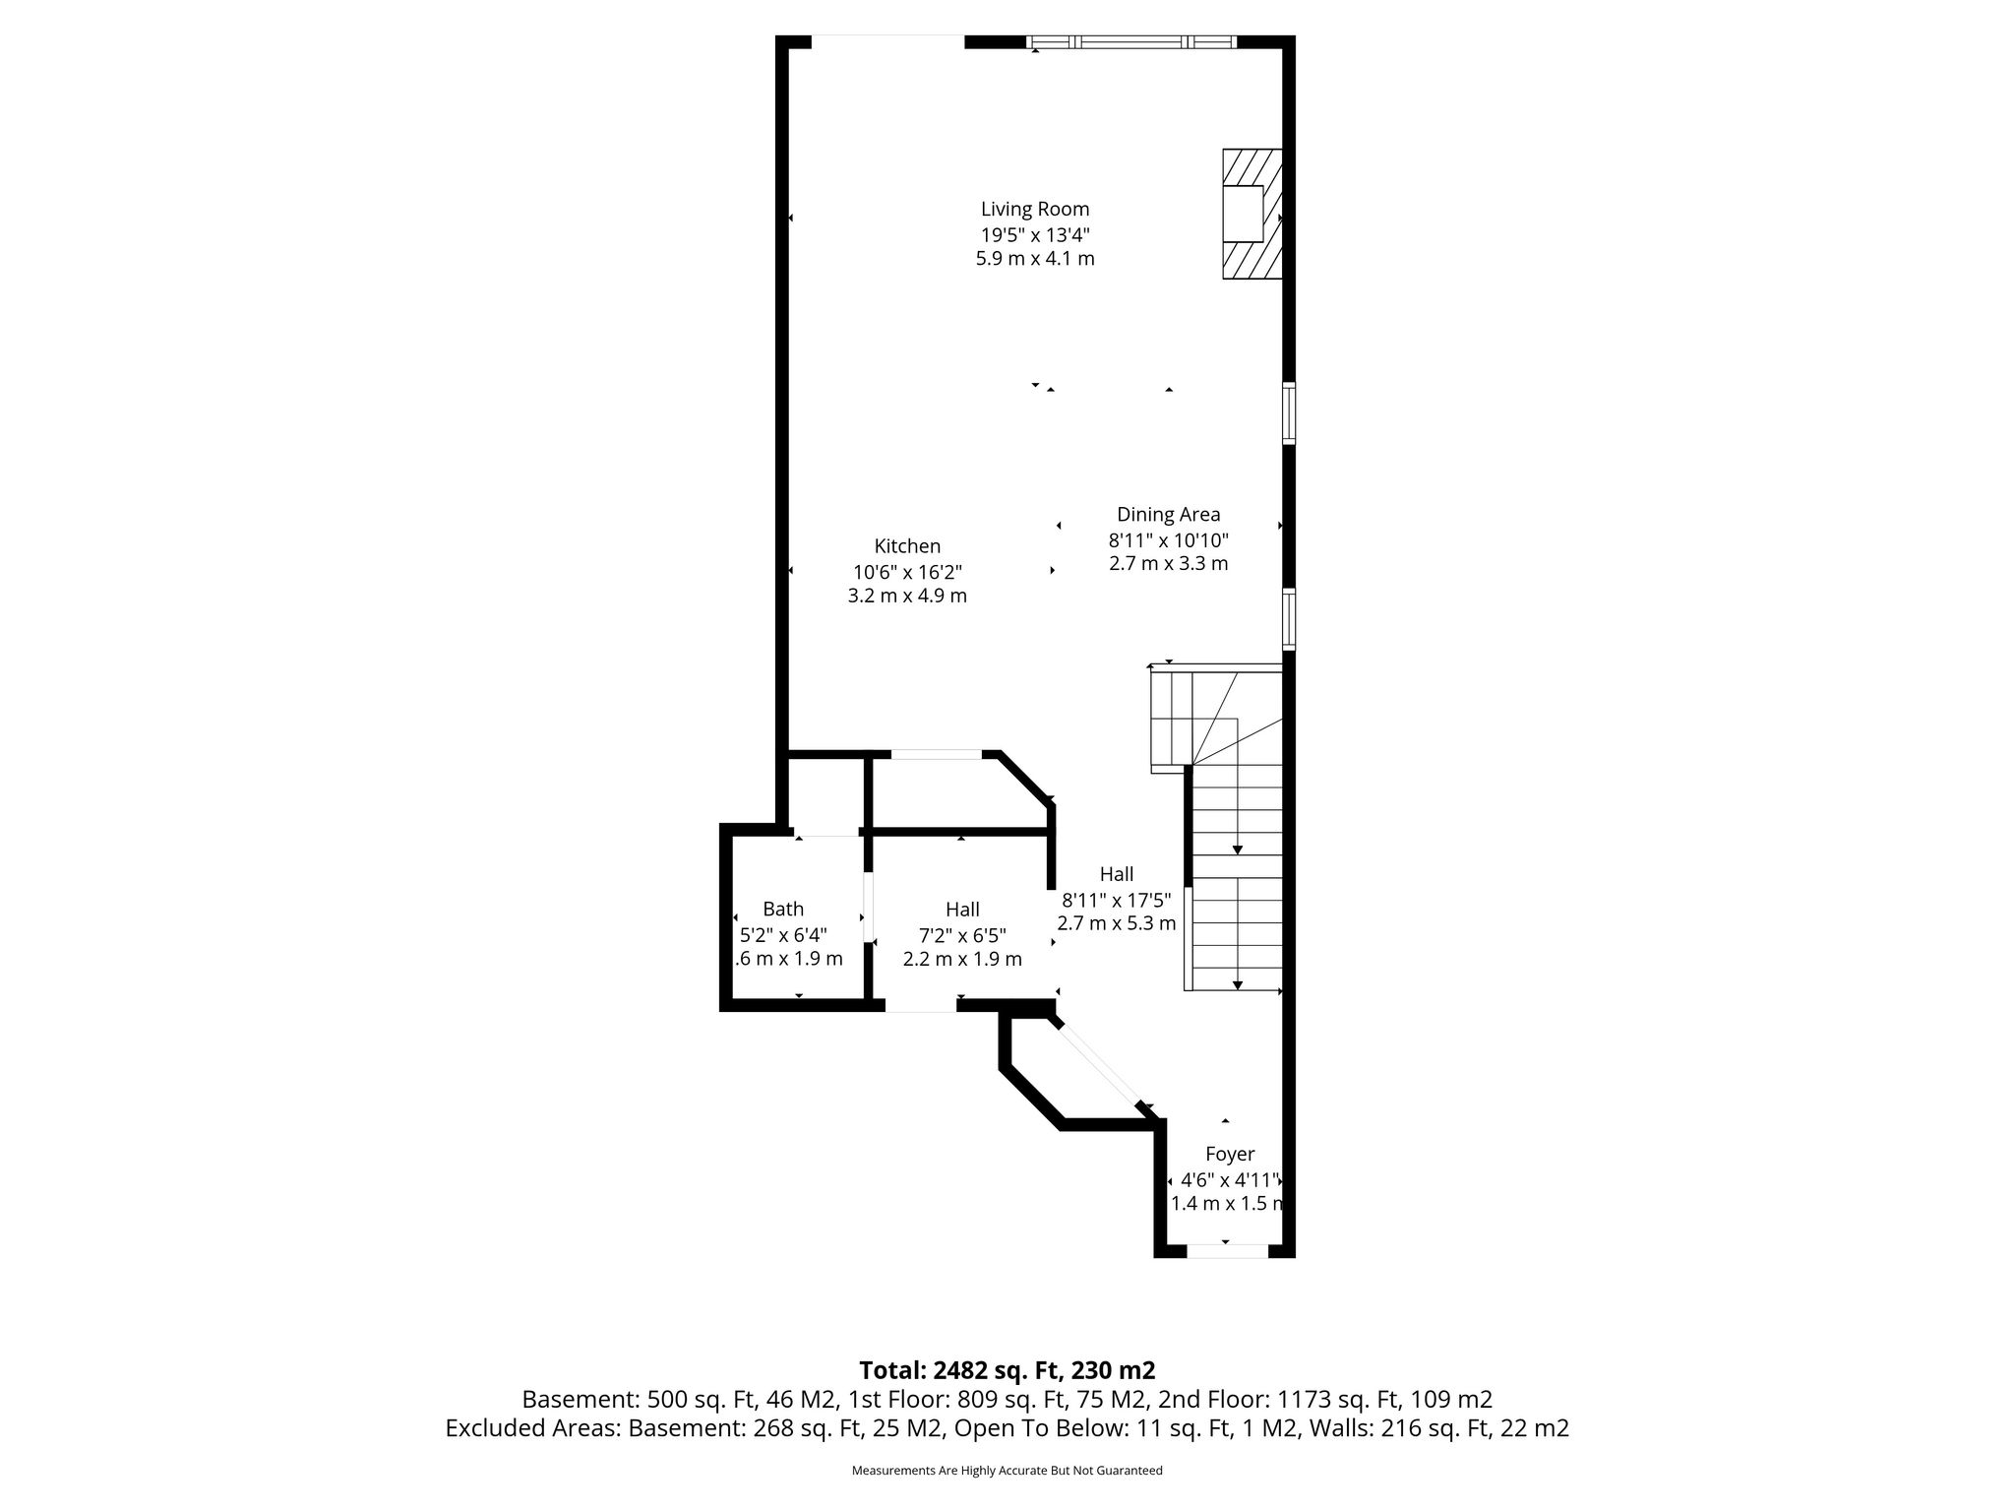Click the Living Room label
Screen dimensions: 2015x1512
(1035, 209)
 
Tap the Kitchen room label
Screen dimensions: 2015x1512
(907, 545)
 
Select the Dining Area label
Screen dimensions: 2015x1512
(1168, 514)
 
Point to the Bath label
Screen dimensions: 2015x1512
(783, 909)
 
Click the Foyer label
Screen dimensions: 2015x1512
(1230, 1154)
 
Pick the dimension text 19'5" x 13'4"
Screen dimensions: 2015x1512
(1035, 234)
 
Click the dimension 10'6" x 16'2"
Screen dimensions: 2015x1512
(907, 571)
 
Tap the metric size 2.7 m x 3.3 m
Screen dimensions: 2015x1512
(1168, 564)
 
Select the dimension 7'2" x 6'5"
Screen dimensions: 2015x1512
(962, 934)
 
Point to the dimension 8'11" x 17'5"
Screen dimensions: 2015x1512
(1117, 899)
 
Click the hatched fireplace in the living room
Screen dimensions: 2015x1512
(1252, 214)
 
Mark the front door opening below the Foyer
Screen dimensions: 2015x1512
(1227, 1251)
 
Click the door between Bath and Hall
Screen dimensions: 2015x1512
(868, 907)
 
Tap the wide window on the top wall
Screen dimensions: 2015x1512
(1131, 42)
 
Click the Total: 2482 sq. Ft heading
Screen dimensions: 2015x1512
(1007, 1370)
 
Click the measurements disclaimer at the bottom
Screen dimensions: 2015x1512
(1007, 1471)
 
